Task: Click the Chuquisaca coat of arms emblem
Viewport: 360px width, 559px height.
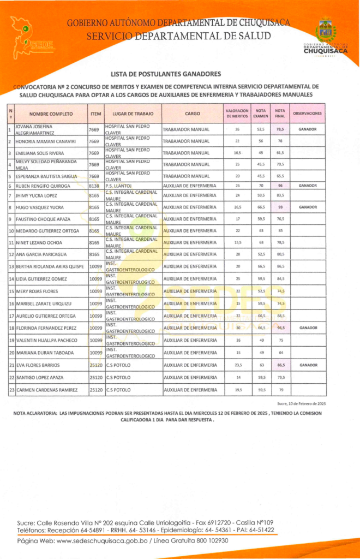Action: click(326, 32)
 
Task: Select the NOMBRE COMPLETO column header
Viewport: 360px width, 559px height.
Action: click(51, 114)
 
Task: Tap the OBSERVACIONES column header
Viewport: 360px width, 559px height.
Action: click(308, 114)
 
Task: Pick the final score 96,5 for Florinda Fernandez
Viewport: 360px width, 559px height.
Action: click(280, 328)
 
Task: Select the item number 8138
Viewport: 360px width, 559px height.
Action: click(94, 186)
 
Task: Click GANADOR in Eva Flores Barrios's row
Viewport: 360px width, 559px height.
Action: click(308, 365)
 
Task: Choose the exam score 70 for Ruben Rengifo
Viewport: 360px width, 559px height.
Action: click(261, 186)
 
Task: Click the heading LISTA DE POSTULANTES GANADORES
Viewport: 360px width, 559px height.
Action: click(166, 73)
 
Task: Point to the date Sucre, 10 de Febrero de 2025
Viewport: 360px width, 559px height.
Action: click(302, 403)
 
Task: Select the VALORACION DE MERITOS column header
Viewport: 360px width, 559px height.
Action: click(237, 114)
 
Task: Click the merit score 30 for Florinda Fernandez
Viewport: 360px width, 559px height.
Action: click(237, 328)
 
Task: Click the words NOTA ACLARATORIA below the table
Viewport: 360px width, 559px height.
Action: click(33, 413)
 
